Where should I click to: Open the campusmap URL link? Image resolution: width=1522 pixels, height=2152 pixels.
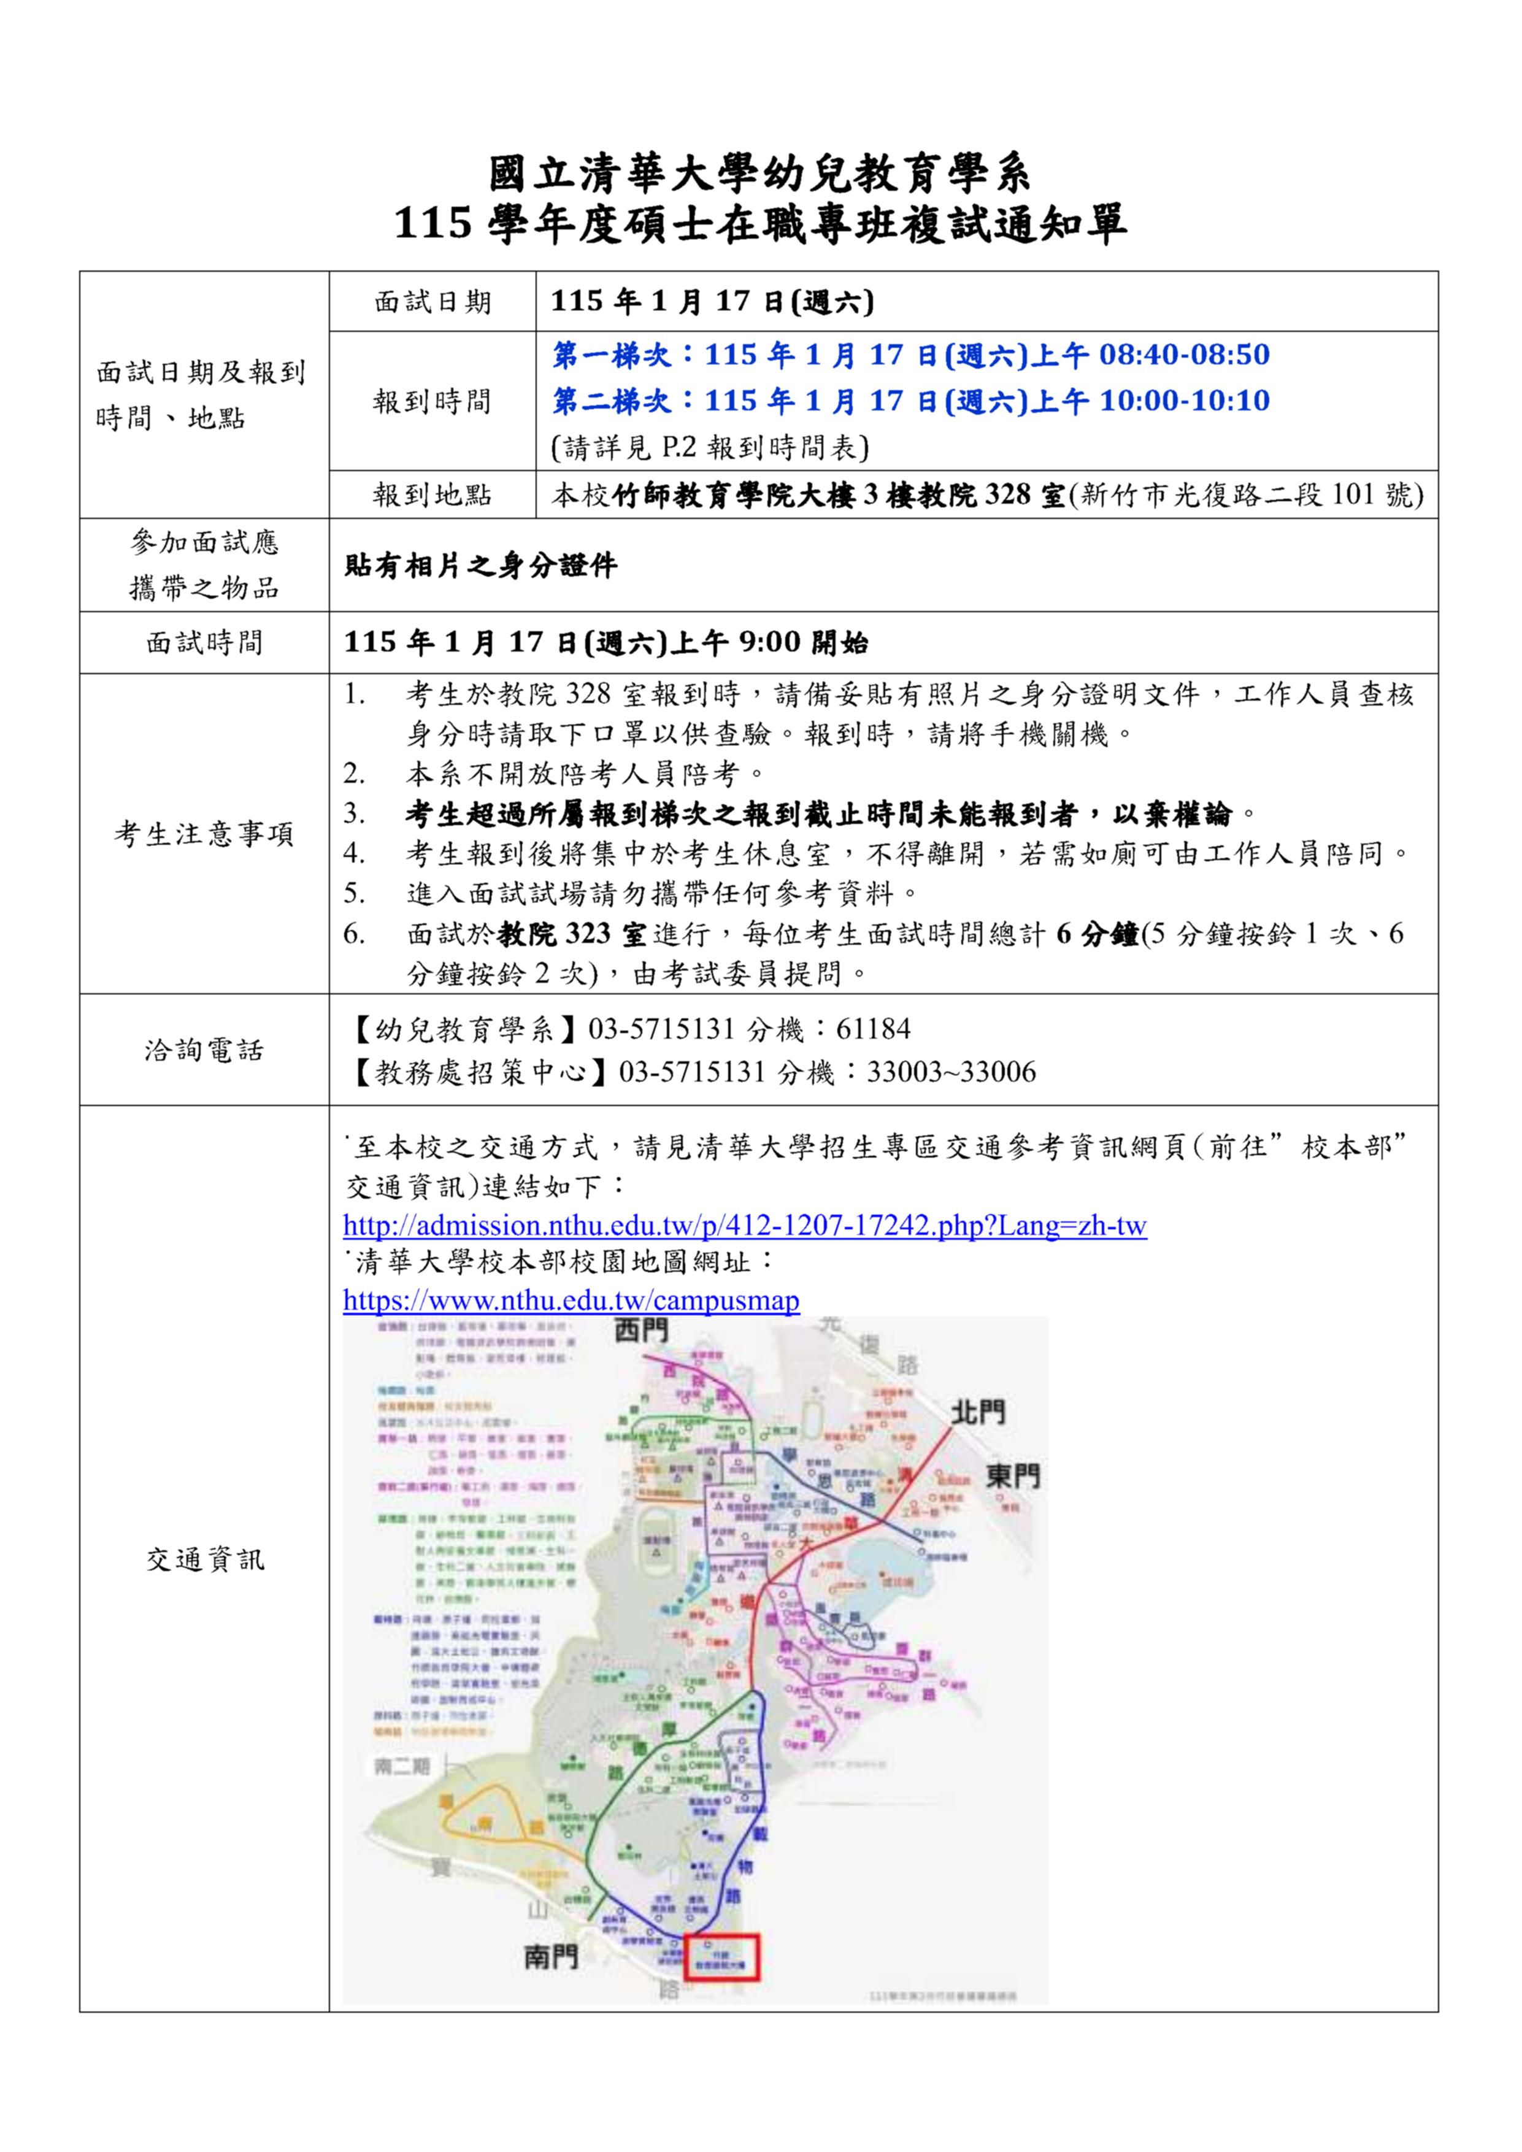click(571, 1300)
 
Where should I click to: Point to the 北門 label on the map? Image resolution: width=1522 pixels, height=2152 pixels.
click(977, 1413)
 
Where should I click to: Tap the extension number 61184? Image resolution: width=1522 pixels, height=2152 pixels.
click(872, 1029)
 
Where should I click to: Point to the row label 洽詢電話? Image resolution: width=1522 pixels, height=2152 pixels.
click(204, 1050)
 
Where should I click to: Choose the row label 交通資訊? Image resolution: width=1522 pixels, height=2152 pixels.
click(204, 1559)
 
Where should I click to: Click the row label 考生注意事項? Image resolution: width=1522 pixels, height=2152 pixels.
click(204, 833)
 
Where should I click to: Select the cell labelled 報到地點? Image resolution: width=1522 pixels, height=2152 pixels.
click(431, 495)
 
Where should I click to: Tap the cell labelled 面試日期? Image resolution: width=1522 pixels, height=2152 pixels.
click(431, 302)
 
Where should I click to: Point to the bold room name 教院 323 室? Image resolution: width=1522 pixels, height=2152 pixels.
click(572, 934)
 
